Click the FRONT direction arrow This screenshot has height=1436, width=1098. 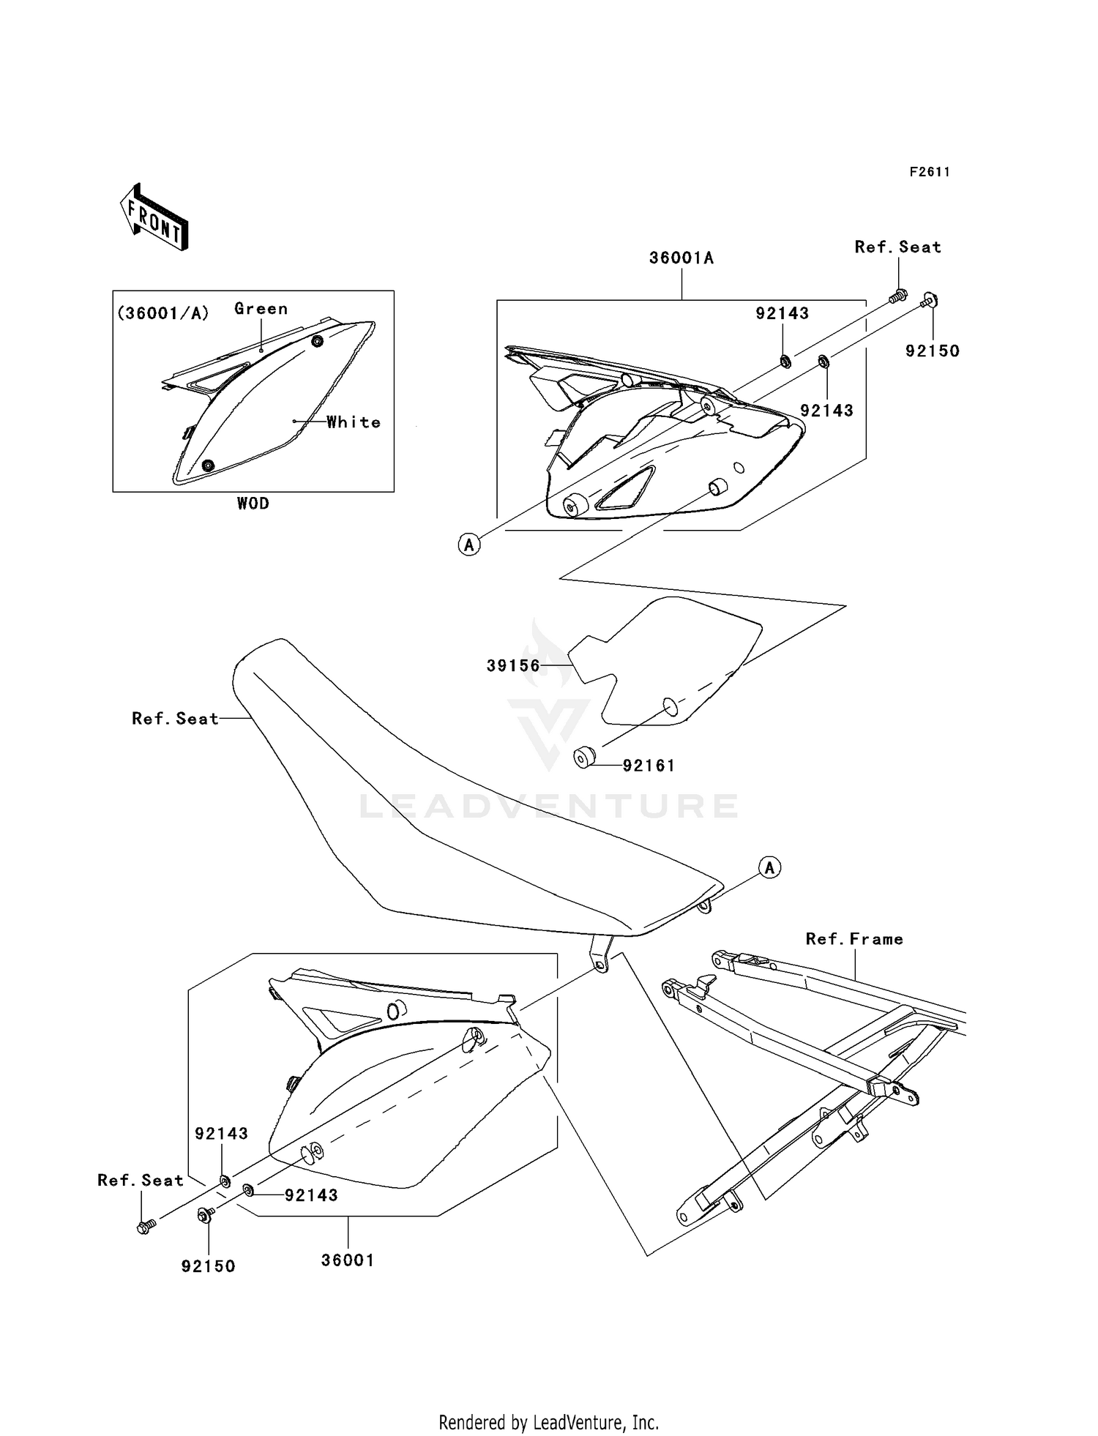tap(154, 217)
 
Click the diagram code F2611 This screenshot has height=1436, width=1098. tap(930, 172)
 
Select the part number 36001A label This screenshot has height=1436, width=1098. tap(681, 258)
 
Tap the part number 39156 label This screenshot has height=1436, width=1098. tap(513, 666)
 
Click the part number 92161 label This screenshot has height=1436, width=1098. tap(649, 766)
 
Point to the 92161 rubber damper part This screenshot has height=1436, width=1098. tap(583, 757)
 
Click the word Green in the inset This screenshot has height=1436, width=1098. tap(261, 309)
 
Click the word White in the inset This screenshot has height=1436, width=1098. tap(354, 422)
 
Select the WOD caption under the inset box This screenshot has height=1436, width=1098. tap(253, 504)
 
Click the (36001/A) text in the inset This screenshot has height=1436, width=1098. tap(163, 313)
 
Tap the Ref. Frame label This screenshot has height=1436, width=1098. tap(854, 939)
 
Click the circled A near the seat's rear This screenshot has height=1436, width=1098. tap(769, 868)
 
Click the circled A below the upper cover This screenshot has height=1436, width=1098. tap(469, 545)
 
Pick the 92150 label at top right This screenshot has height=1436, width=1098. tap(932, 351)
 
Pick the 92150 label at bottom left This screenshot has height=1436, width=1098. tap(209, 1266)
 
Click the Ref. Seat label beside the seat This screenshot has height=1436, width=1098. tap(175, 719)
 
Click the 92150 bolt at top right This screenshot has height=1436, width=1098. tap(930, 299)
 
